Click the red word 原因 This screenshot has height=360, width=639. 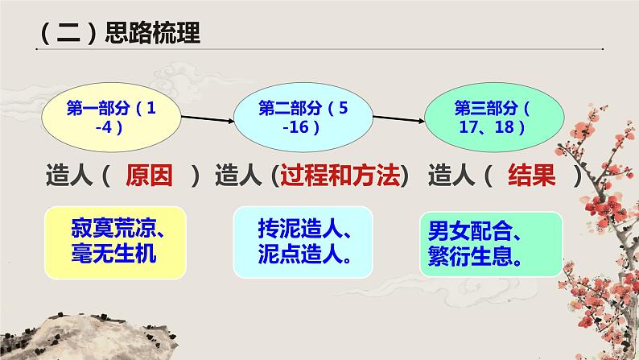(150, 176)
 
